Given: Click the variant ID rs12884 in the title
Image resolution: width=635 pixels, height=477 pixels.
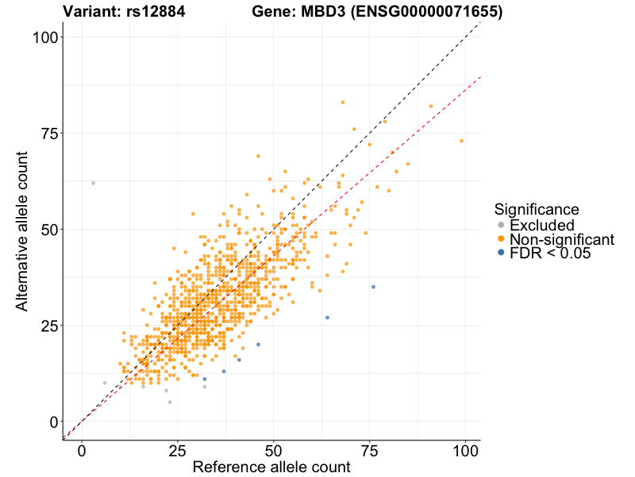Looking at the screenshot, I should (x=164, y=12).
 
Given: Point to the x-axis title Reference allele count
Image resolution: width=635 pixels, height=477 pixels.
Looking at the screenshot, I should (x=271, y=467).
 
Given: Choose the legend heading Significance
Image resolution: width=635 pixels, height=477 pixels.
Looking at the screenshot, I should (x=536, y=209).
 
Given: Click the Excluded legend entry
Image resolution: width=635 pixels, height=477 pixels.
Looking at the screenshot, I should (x=541, y=225).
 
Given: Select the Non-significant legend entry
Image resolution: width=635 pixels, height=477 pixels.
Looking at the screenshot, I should (x=561, y=239).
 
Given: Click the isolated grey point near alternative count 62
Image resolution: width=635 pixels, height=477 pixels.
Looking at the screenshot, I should (x=93, y=183).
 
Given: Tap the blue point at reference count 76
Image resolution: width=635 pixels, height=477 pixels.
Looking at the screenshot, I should (x=373, y=286).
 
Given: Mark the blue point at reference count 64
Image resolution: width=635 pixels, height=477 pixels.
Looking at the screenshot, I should (x=327, y=317).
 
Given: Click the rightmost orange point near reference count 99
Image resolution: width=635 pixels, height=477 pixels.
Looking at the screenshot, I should (x=461, y=141).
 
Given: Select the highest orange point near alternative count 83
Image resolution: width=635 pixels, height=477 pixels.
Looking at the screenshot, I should (x=342, y=103).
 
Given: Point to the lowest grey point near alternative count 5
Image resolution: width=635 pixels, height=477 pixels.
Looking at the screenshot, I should (x=170, y=402).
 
